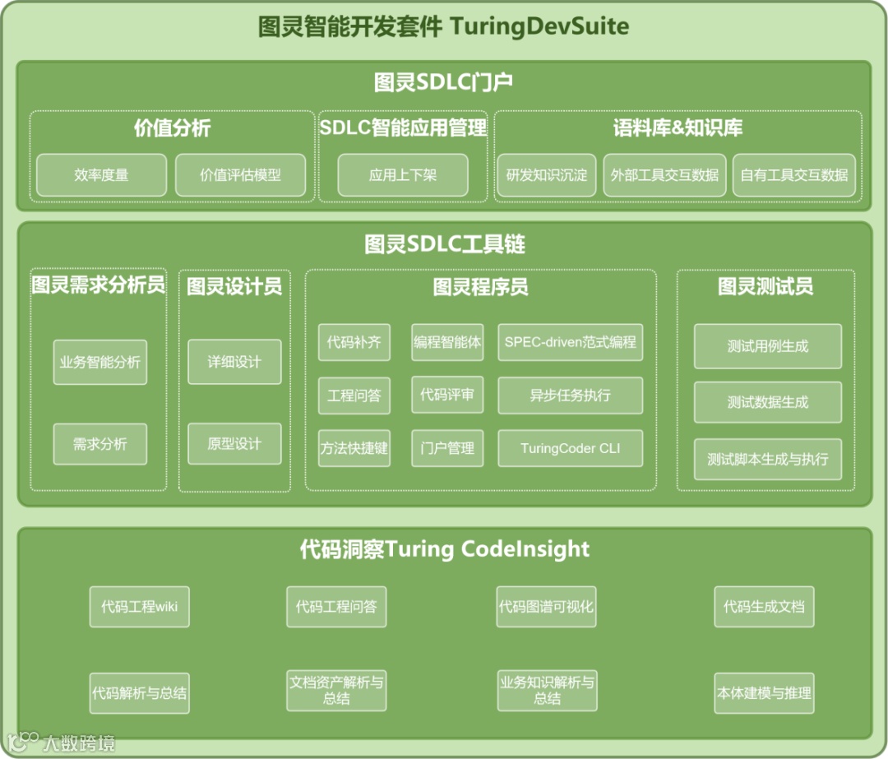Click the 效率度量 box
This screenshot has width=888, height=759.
coord(101,174)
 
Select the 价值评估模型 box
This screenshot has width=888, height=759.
coord(240,174)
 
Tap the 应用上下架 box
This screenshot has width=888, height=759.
coord(403,174)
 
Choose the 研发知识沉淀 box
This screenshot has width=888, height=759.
coord(547,174)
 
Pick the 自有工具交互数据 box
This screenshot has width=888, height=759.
coord(793,174)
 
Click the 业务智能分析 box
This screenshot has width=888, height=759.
coord(99,362)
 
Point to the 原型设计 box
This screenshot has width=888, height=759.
coord(234,444)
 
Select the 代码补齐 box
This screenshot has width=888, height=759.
coord(354,342)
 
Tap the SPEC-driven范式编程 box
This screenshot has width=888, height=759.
coord(570,342)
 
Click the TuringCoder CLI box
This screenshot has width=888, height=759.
coord(570,448)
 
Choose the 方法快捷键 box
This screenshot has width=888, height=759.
coord(354,448)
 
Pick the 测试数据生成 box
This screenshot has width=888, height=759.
coord(767,402)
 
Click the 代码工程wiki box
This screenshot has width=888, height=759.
coord(139,607)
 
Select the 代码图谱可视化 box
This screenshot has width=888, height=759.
coord(546,607)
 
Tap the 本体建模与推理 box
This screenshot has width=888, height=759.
coord(764,692)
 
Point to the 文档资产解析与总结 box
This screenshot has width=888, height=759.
coord(335,691)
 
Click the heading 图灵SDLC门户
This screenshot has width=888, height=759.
coord(444,82)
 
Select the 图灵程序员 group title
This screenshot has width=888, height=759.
coord(480,286)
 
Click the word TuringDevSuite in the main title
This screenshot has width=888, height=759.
coord(539,26)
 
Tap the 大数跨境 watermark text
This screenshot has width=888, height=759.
coord(79,743)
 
